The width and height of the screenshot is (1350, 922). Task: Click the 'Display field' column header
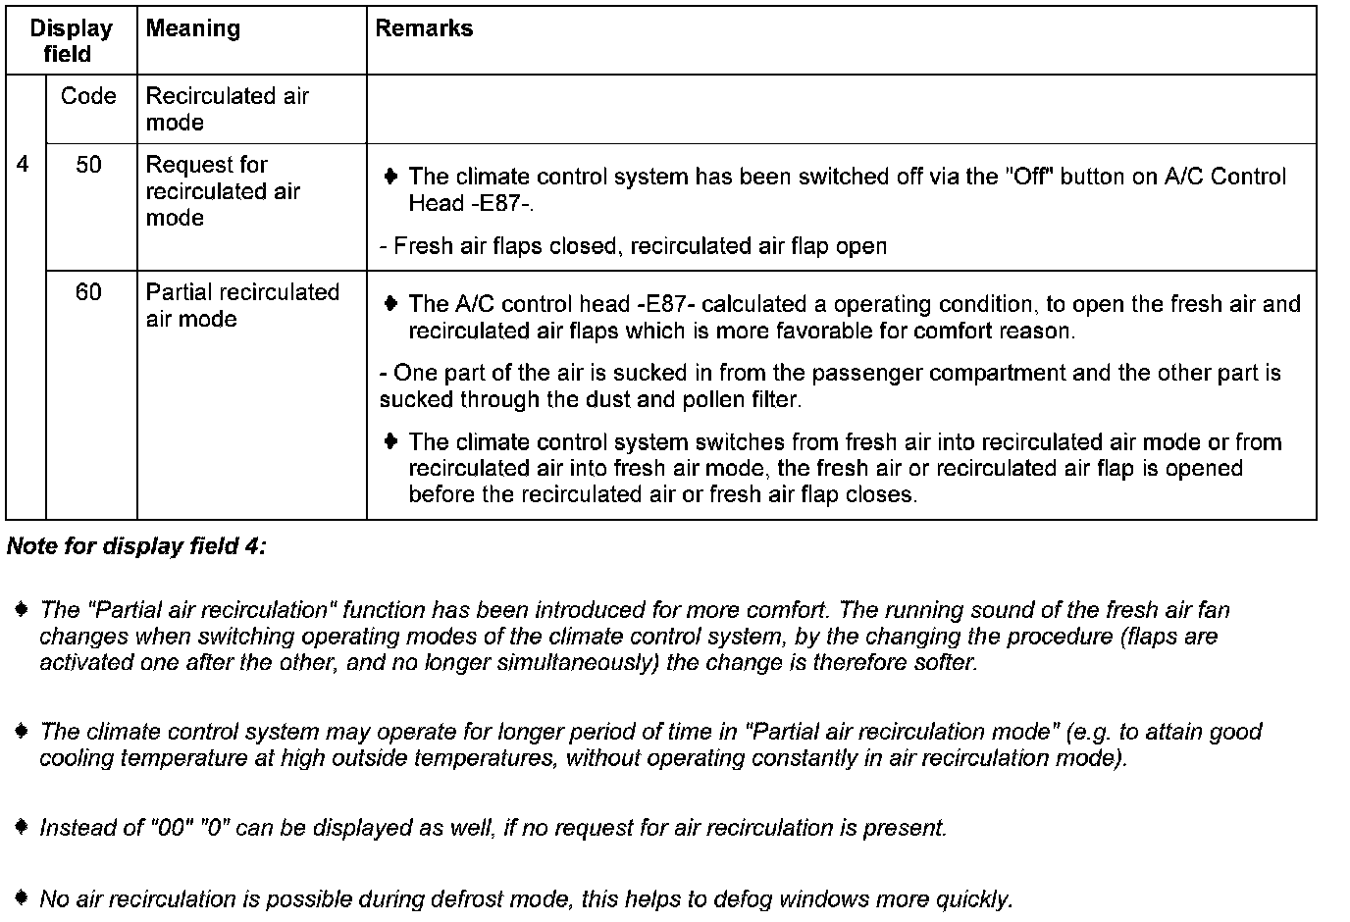point(71,40)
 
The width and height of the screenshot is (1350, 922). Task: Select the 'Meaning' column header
point(192,28)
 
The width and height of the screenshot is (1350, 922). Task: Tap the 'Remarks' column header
point(424,28)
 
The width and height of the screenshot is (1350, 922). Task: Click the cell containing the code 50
point(88,165)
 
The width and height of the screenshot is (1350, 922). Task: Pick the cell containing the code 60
point(88,292)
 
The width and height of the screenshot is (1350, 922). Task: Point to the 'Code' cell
point(88,96)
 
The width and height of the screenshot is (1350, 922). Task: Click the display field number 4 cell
point(24,165)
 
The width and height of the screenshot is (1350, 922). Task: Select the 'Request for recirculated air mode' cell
point(223,191)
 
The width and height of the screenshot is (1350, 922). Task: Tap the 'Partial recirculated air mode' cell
point(241,305)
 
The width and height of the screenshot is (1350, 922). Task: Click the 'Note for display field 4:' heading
point(136,546)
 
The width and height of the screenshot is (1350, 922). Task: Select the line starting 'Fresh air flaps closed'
point(633,246)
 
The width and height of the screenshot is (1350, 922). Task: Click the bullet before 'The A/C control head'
point(390,303)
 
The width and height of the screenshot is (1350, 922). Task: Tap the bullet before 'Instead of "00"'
point(22,827)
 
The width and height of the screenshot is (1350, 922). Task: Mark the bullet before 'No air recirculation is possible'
point(22,897)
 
